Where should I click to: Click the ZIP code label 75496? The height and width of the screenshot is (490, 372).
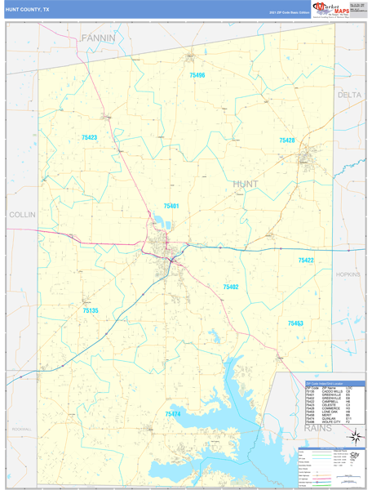197,75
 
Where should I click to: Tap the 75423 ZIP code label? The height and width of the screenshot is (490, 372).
89,137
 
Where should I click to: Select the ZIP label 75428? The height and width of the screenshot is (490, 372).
286,140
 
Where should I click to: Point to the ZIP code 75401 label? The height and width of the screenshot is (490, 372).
170,207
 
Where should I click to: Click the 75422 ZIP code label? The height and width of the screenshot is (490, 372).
306,260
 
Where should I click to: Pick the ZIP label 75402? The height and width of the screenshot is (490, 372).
231,287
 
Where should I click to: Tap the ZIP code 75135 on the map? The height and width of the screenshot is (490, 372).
90,310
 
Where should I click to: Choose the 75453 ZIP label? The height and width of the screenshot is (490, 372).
295,323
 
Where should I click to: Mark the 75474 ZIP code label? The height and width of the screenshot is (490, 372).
173,414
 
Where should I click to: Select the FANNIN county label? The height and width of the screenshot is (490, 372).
98,38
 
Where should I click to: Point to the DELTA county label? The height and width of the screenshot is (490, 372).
349,96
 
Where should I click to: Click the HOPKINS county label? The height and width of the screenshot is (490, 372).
348,275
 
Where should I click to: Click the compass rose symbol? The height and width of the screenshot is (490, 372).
355,459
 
